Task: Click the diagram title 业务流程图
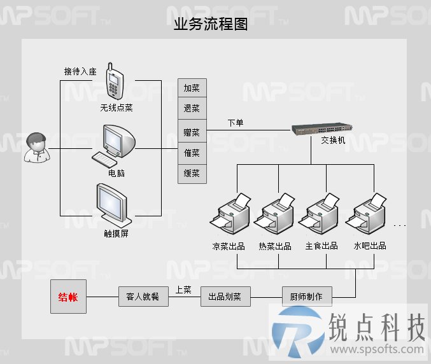coord(211,24)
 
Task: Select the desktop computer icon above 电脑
coord(113,146)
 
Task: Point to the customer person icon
coord(37,148)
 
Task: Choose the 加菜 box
coord(192,88)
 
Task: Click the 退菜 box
coord(192,108)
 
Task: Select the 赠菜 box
coord(192,131)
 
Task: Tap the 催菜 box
coord(192,153)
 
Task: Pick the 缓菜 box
coord(192,174)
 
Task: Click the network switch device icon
coord(321,129)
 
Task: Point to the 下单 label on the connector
coord(236,123)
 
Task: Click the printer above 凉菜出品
coord(230,213)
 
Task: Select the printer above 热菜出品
coord(274,213)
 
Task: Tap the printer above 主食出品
coord(319,213)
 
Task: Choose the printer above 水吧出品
coord(366,213)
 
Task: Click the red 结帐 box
coord(69,297)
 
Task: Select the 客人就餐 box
coord(143,297)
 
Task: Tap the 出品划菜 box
coord(225,297)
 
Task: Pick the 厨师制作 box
coord(307,297)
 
